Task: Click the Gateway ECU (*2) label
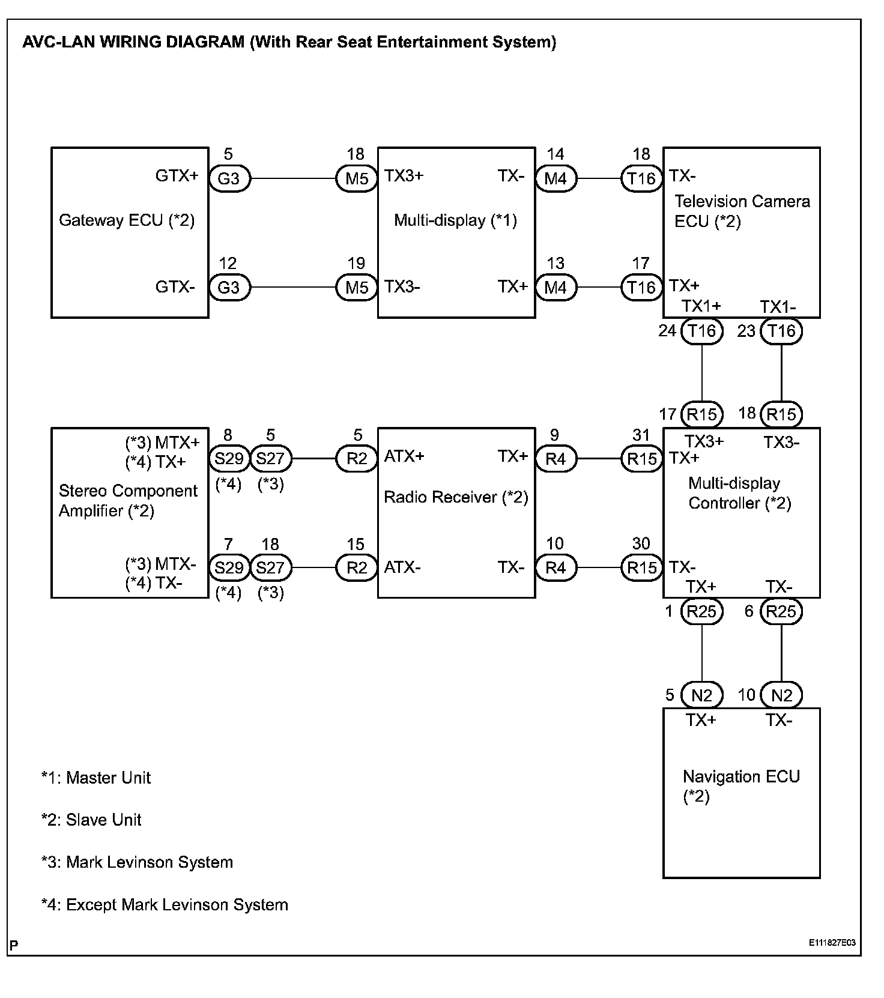[x=127, y=220]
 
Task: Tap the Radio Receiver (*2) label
[x=456, y=497]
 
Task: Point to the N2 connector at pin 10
[x=781, y=695]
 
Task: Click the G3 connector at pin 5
[x=229, y=178]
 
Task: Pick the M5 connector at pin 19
[x=357, y=287]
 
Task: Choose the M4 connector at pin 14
[x=556, y=178]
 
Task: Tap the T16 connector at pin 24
[x=701, y=331]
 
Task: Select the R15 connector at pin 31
[x=641, y=459]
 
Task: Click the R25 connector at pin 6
[x=781, y=612]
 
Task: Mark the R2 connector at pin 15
[x=357, y=567]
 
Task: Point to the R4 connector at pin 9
[x=556, y=459]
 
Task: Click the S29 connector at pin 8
[x=229, y=459]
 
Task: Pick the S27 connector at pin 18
[x=270, y=567]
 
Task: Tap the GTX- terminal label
[x=175, y=287]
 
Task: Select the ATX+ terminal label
[x=404, y=456]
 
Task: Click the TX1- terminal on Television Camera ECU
[x=778, y=307]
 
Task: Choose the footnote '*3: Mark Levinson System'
[x=137, y=862]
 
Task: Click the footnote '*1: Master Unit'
[x=96, y=778]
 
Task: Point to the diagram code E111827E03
[x=832, y=943]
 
